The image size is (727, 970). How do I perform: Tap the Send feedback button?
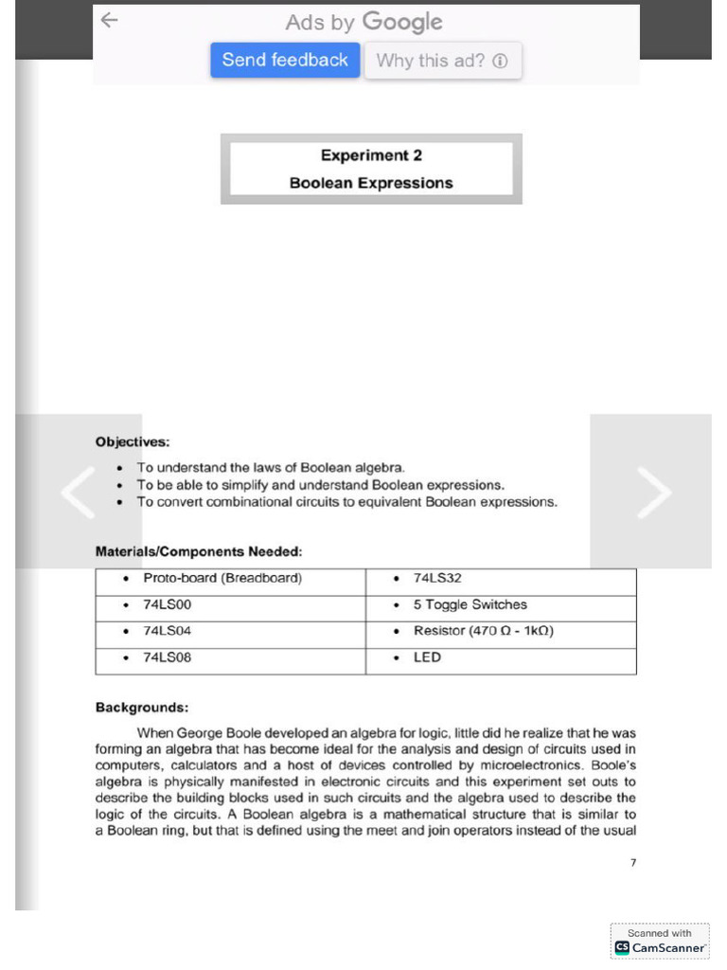point(285,61)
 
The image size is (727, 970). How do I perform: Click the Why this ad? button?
point(442,62)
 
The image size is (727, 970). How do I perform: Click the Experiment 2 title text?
point(371,155)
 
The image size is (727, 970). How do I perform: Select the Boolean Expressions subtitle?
point(371,183)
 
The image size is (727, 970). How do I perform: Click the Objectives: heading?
point(133,441)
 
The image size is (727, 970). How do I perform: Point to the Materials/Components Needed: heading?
point(199,551)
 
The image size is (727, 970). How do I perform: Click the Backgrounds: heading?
point(141,707)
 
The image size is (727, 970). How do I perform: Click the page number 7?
point(632,862)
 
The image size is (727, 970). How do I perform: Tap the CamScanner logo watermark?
point(661,942)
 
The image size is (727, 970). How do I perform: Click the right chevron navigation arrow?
point(652,492)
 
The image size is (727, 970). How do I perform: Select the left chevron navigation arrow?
point(78,492)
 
